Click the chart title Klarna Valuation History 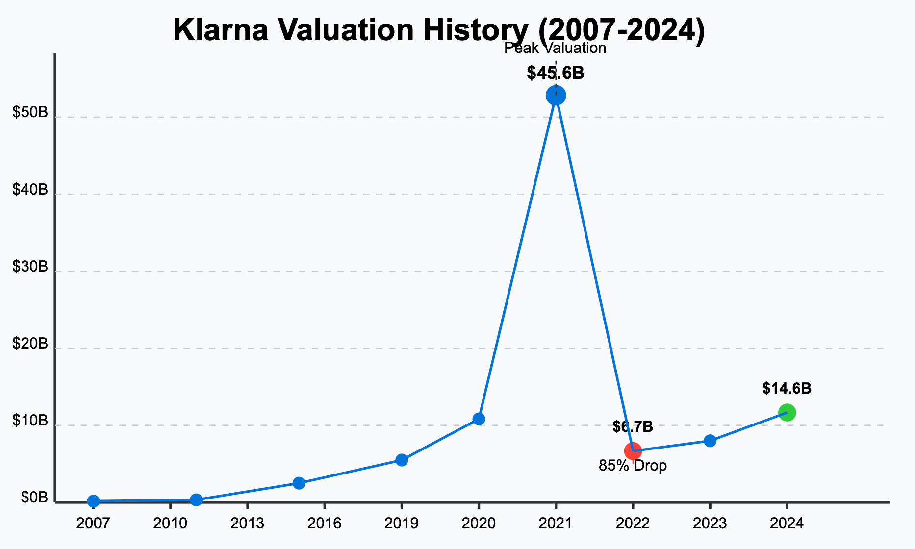[x=439, y=30]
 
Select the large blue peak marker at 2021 [x=556, y=96]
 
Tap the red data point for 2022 [x=633, y=451]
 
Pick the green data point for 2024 [x=787, y=412]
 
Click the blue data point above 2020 [x=479, y=419]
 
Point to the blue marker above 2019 [x=402, y=460]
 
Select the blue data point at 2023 [x=710, y=441]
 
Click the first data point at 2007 [x=93, y=501]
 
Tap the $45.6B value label [x=556, y=74]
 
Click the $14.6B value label [x=787, y=389]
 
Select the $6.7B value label [x=633, y=427]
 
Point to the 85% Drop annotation [x=633, y=466]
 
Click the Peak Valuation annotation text [x=555, y=49]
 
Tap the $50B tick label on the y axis [x=30, y=113]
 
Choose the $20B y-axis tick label [x=30, y=344]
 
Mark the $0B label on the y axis [x=34, y=498]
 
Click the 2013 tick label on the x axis [x=248, y=524]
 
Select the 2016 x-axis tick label [x=324, y=524]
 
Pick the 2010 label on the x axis [x=170, y=524]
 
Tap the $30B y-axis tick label [x=30, y=267]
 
